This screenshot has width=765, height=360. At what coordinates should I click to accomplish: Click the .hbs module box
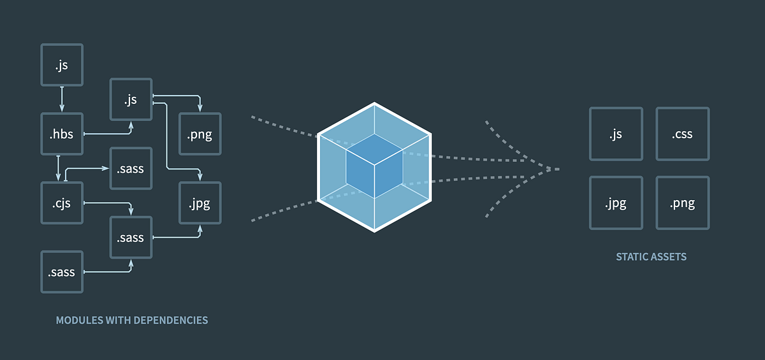(62, 134)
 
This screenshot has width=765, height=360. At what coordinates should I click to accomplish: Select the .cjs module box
(62, 203)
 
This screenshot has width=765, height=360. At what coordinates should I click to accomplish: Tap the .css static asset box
(682, 134)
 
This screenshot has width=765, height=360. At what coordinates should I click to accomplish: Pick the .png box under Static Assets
(682, 203)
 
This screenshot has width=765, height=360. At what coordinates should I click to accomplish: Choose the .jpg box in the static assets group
(616, 203)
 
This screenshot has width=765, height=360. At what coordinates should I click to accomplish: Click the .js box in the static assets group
(616, 134)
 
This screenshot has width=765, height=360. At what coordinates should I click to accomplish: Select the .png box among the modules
(200, 134)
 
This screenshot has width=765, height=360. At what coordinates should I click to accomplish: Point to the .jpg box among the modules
(200, 203)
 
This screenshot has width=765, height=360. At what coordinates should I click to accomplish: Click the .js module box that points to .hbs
(62, 64)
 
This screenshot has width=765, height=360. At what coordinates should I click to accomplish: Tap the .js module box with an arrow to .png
(131, 99)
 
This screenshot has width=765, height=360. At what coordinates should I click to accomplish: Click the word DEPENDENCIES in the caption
(171, 320)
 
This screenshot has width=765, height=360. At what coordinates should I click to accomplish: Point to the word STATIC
(631, 257)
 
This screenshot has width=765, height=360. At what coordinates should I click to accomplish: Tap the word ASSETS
(669, 257)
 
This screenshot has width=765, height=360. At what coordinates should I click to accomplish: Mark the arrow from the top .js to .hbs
(62, 99)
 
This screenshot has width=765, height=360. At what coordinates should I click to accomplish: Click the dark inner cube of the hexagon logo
(374, 165)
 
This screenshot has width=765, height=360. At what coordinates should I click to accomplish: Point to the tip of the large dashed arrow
(558, 169)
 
